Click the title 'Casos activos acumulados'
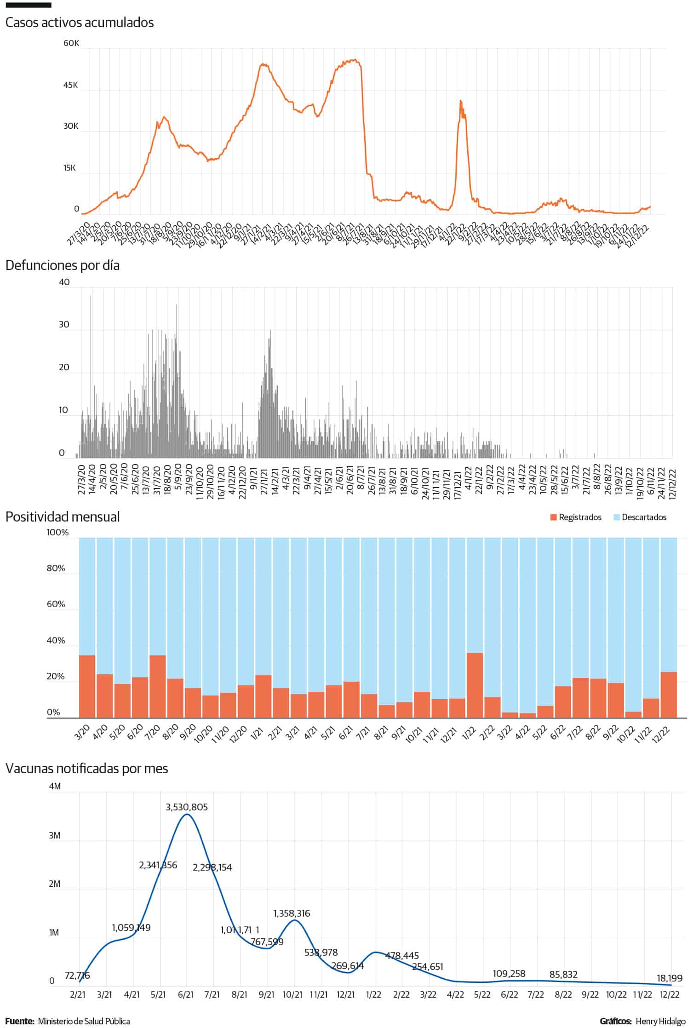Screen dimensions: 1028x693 coord(80,23)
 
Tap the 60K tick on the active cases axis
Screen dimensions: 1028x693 coord(71,43)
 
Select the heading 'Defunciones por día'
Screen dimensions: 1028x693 coord(63,265)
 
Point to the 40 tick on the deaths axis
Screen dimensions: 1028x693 coord(64,282)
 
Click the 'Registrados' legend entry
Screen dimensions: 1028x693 coord(579,517)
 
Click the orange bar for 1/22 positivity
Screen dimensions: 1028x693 coord(475,685)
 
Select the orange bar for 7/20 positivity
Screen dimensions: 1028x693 coord(158,686)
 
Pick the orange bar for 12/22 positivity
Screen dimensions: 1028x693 coord(668,695)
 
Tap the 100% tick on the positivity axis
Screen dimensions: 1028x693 coord(57,533)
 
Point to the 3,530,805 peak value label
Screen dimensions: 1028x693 coord(187,807)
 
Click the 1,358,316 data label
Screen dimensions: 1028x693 coord(292,913)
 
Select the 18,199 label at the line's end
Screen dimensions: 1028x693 coord(670,978)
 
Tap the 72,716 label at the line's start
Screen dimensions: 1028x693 coord(77,976)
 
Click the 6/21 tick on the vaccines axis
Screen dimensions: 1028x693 coord(185,995)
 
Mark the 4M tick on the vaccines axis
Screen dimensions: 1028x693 coord(55,787)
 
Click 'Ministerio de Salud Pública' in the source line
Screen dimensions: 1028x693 coord(84,1021)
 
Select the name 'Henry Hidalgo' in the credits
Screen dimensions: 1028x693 coord(660,1021)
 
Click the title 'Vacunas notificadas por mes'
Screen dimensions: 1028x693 coord(86,769)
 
